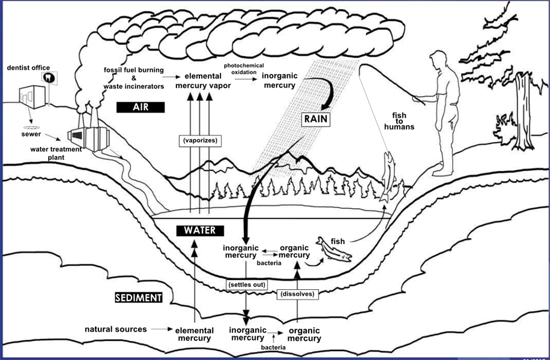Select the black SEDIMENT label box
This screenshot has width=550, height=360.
139,297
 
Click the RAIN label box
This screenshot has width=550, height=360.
316,119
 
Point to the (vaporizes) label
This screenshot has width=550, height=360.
199,140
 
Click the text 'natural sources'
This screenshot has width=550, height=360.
115,329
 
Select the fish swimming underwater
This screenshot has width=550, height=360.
334,248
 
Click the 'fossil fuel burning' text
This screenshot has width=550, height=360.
133,71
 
